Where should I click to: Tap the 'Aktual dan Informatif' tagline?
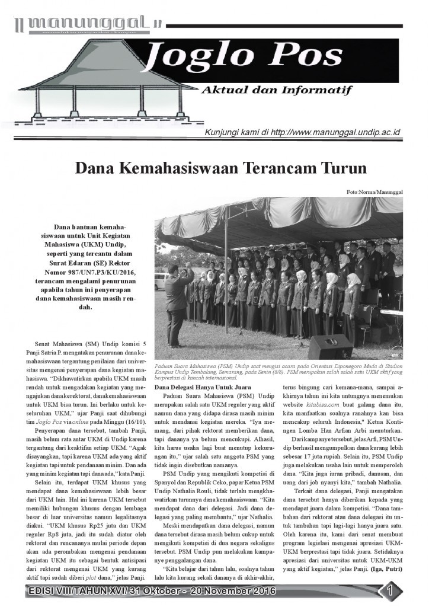(x=277, y=90)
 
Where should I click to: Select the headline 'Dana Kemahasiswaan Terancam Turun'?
(x=220, y=168)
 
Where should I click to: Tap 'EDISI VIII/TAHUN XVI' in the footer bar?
(x=70, y=591)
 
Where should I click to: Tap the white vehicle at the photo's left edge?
(x=159, y=281)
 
